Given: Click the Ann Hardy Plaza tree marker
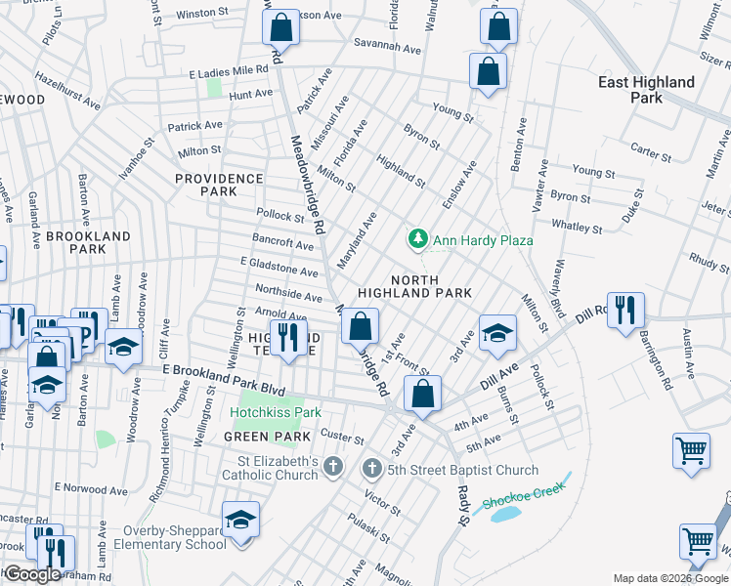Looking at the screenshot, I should point(418,239).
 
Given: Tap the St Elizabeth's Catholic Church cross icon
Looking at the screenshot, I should point(333,468).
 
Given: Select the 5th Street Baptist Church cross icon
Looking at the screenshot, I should point(371,469).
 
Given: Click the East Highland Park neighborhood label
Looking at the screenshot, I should point(645,90).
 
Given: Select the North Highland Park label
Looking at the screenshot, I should point(414,285).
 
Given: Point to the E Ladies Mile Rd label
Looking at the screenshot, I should point(229,71).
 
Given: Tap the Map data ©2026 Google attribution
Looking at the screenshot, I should point(670,578).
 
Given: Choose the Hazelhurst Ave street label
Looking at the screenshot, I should point(68,90).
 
